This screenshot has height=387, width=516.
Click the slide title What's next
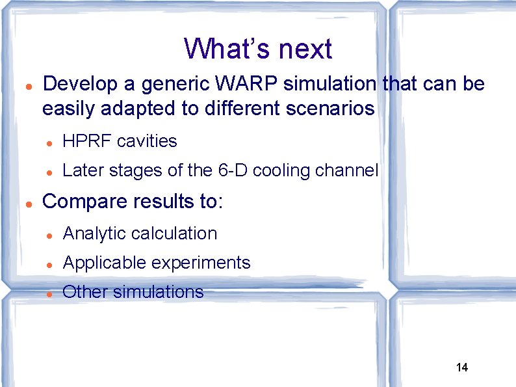click(258, 49)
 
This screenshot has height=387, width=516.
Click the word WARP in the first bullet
click(248, 84)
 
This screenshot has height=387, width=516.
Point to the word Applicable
click(104, 263)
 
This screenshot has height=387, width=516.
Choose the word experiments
click(201, 263)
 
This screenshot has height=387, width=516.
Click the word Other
click(84, 291)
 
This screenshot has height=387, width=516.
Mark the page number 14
click(462, 367)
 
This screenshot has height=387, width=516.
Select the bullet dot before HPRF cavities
click(49, 142)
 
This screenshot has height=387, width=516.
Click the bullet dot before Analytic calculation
click(49, 235)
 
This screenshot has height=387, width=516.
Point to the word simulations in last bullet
click(158, 291)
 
